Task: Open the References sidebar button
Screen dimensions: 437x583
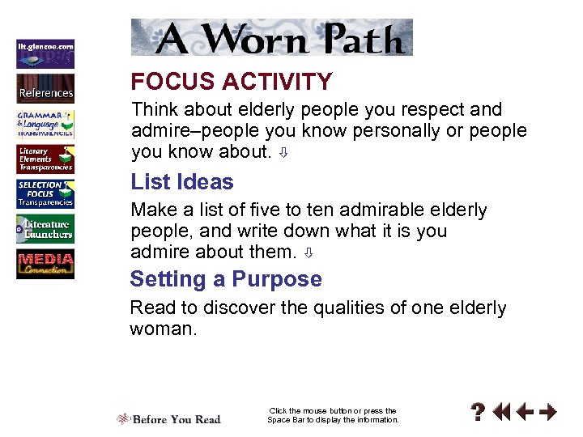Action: [45, 88]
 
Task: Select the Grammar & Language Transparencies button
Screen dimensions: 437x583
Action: [45, 124]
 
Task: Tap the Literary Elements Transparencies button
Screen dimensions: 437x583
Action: [45, 159]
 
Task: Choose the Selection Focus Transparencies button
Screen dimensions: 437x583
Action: [45, 194]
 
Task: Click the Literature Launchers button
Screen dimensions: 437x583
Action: [45, 230]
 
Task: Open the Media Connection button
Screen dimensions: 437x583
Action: [45, 265]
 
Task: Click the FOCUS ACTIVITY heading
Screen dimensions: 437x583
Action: [232, 82]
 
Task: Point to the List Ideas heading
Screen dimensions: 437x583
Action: [181, 182]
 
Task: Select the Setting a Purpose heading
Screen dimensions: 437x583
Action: [226, 280]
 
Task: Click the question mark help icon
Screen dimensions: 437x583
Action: [479, 413]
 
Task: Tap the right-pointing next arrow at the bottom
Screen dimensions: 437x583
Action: [548, 413]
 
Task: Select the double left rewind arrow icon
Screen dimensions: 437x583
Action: [502, 413]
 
